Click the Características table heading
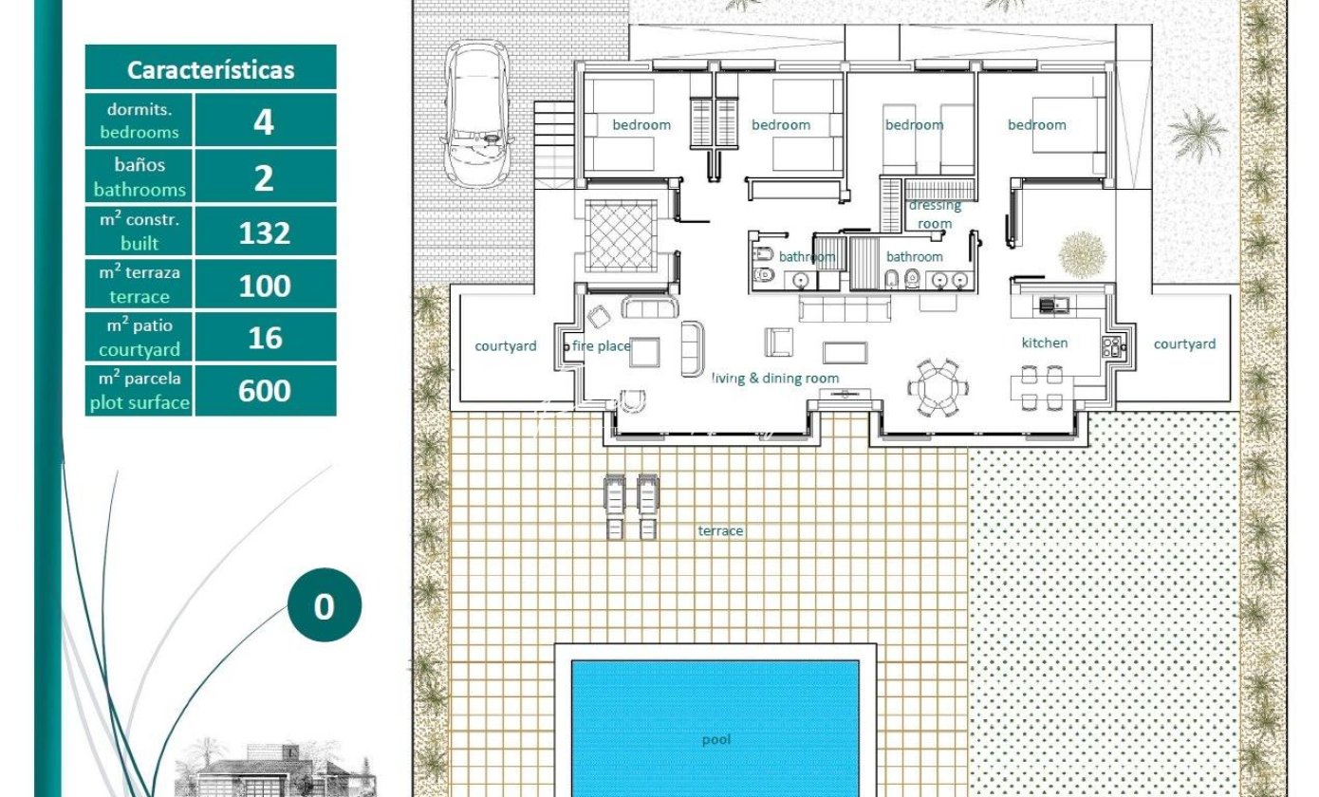click(x=211, y=70)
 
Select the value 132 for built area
click(x=265, y=233)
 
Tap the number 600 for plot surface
click(x=265, y=391)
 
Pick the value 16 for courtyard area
click(x=265, y=338)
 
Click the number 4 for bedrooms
click(x=264, y=122)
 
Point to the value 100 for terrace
click(x=265, y=287)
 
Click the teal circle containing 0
click(x=325, y=605)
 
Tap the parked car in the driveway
click(x=477, y=114)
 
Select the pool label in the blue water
click(x=716, y=740)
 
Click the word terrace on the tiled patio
click(x=720, y=531)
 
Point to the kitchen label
click(x=1045, y=343)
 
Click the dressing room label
click(x=935, y=214)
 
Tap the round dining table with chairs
click(x=938, y=388)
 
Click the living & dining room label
click(x=775, y=379)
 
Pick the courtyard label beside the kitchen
click(x=1184, y=344)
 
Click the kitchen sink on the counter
click(x=1053, y=305)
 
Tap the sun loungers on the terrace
click(x=631, y=507)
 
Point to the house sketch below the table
click(x=275, y=769)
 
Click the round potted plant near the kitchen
click(x=1083, y=255)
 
